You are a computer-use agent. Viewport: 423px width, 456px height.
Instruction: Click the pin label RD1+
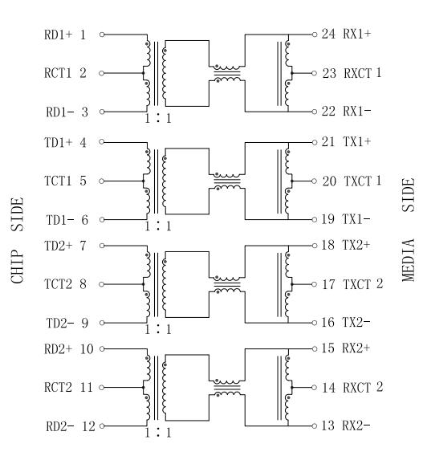point(58,35)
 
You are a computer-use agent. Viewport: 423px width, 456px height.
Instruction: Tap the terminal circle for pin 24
point(315,35)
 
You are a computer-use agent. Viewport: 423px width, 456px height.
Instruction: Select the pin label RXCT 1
point(363,73)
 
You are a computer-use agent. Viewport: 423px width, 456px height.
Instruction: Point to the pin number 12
point(88,426)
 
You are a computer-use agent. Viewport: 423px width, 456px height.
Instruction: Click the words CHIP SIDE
point(17,240)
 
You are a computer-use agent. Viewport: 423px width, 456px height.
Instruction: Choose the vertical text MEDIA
point(409,260)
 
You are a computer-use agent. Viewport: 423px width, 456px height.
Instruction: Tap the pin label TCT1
point(58,181)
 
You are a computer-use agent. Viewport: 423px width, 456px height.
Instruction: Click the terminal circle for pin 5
point(101,181)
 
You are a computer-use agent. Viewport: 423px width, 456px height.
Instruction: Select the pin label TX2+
point(356,245)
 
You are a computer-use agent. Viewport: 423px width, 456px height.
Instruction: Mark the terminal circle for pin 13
point(315,426)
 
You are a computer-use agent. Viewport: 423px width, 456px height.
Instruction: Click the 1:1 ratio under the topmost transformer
point(158,118)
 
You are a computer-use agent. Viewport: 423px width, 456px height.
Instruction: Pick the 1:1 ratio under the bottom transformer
point(158,433)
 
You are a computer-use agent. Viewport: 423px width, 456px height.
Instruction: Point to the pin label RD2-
point(60,426)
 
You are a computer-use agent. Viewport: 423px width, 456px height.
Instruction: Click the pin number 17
point(328,284)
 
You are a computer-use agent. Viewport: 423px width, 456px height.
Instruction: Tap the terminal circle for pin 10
point(102,348)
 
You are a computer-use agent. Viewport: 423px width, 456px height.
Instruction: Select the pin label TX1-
point(356,219)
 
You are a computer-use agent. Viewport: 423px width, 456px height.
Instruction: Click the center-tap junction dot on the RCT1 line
point(144,73)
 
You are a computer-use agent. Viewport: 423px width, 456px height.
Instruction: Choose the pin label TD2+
point(58,246)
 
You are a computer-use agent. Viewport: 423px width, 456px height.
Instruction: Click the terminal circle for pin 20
point(314,181)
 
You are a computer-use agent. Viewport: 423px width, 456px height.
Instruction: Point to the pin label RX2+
point(356,348)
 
